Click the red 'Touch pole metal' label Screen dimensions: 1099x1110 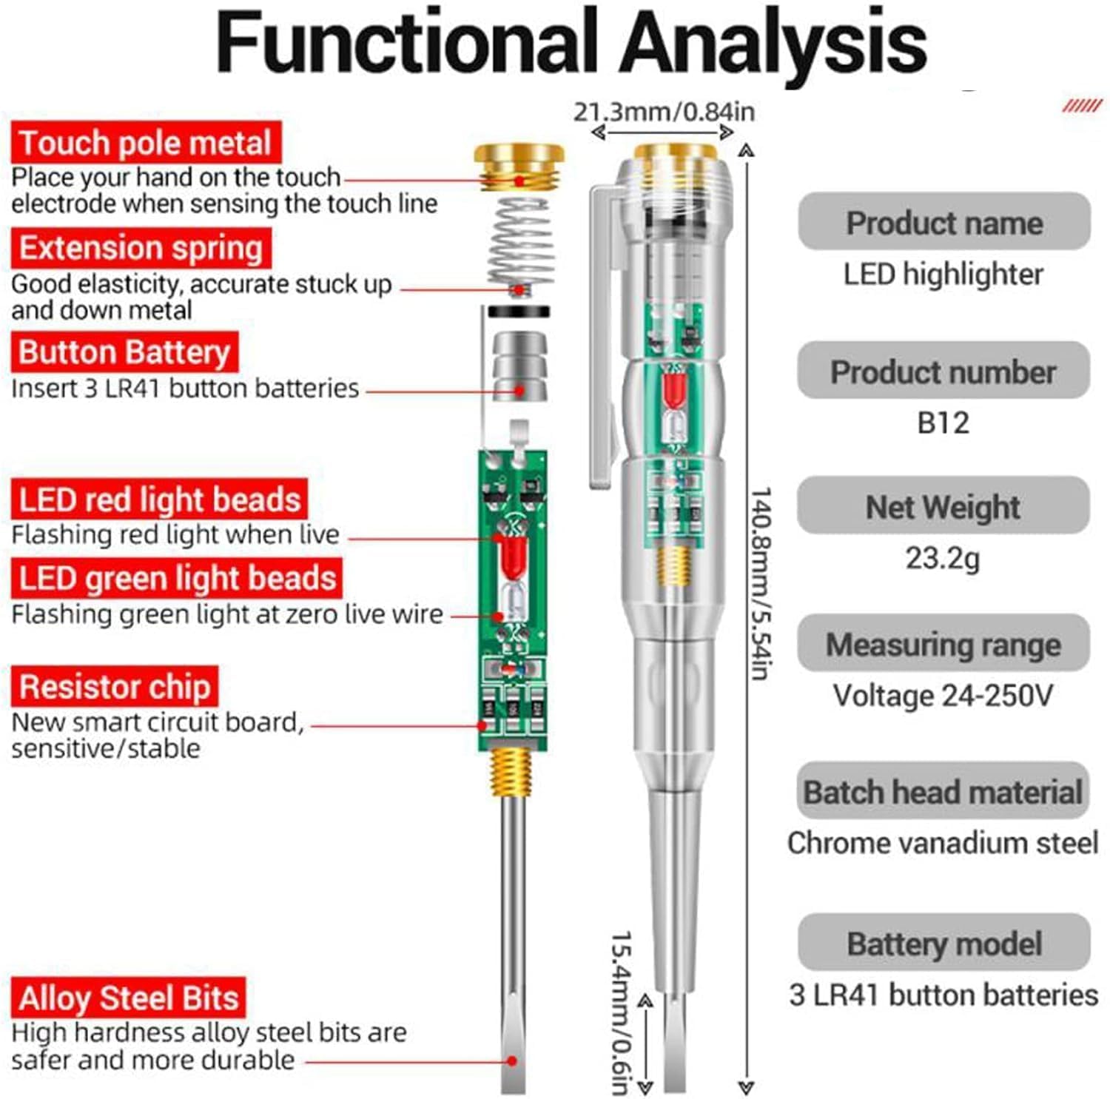coord(146,143)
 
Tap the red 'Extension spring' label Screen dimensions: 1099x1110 coord(141,248)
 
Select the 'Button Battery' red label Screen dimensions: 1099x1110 coord(124,352)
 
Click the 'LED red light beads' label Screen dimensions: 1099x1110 coord(159,500)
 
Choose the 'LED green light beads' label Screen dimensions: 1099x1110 coord(177,578)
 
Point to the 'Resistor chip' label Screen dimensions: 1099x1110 coord(115,686)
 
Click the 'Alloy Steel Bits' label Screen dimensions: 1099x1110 coord(128,998)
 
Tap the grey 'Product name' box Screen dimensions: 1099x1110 coord(943,222)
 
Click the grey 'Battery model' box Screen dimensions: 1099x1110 coord(943,944)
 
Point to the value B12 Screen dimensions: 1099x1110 coord(943,423)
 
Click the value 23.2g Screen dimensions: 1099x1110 coord(942,558)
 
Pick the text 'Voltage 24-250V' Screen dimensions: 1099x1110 coord(942,695)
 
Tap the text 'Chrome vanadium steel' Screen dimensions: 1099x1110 coord(942,843)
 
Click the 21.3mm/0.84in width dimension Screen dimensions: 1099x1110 coord(664,112)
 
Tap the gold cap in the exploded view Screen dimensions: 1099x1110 coord(519,168)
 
